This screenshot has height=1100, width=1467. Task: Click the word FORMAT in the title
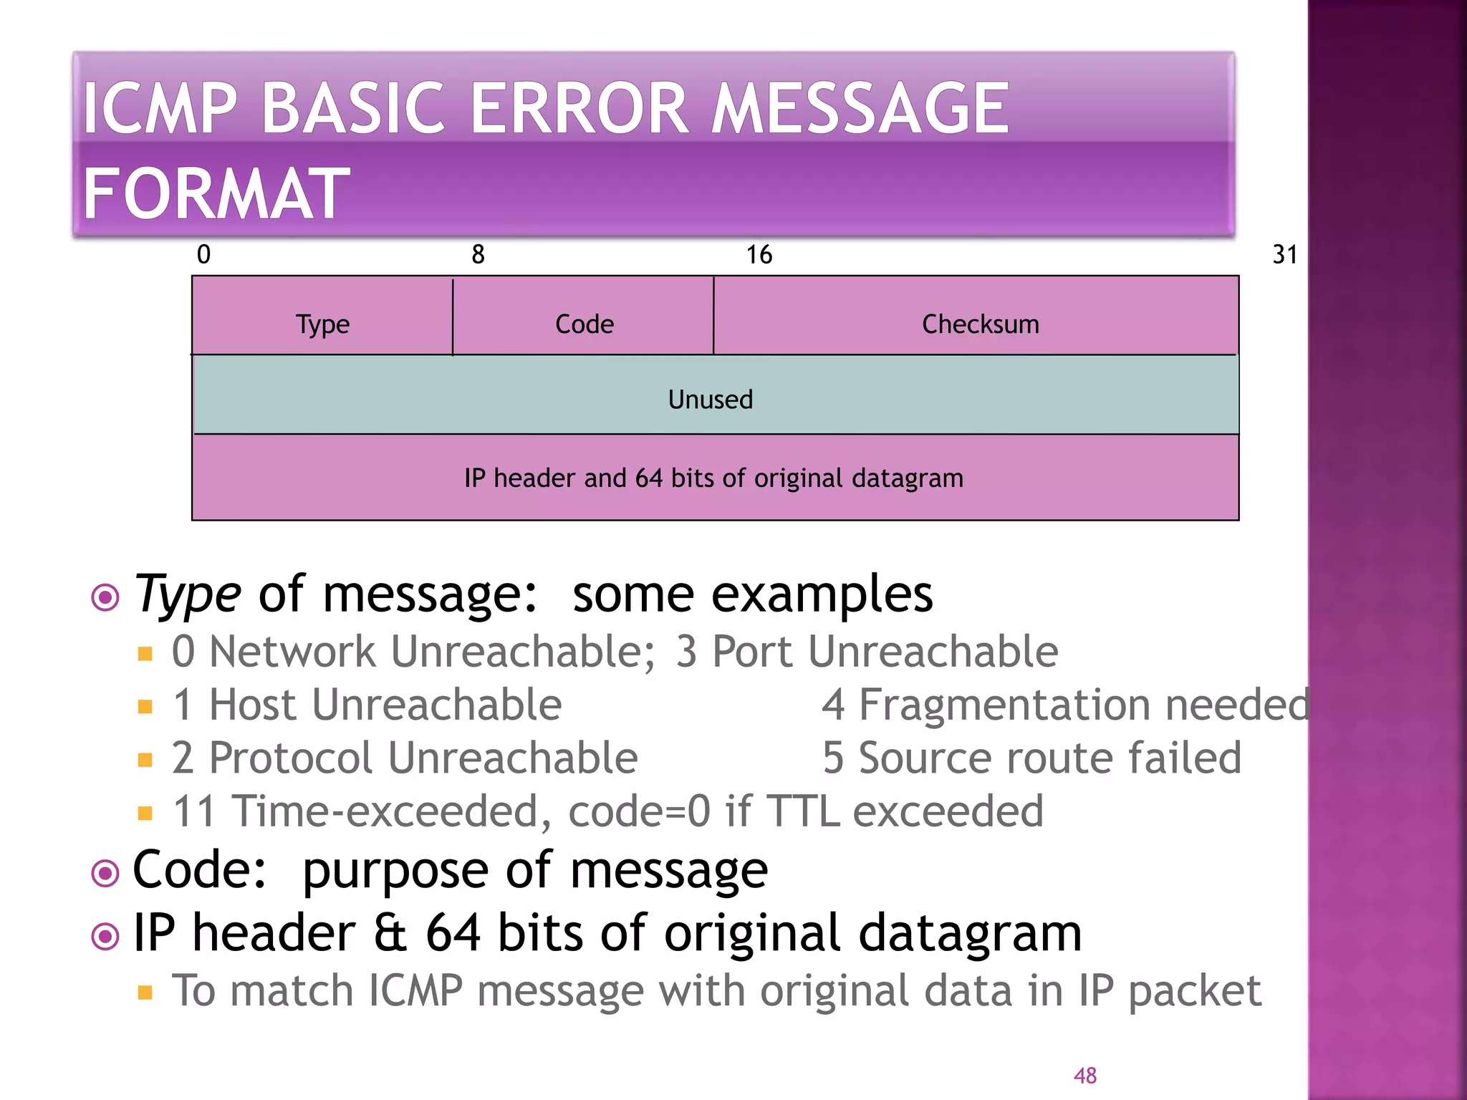[216, 193]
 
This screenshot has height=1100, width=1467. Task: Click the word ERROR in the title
[580, 108]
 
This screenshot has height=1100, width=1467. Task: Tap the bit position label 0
[203, 254]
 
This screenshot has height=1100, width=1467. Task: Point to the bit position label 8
[478, 254]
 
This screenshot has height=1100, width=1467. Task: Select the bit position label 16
[759, 254]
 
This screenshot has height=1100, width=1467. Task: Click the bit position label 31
[1284, 254]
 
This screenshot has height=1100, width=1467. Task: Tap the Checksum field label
[979, 324]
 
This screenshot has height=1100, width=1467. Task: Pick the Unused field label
[710, 400]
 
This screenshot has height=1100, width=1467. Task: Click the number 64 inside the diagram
[648, 478]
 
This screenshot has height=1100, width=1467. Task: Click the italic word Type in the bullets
[188, 594]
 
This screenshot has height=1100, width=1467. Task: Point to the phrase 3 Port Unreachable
[867, 652]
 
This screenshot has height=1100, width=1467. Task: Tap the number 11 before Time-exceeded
[193, 811]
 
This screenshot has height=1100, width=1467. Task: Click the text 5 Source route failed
[1031, 758]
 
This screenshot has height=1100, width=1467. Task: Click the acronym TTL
[802, 811]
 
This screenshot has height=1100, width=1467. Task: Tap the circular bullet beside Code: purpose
[105, 873]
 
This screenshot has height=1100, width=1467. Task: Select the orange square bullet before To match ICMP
[145, 993]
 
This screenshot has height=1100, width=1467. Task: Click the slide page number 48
[1084, 1075]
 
